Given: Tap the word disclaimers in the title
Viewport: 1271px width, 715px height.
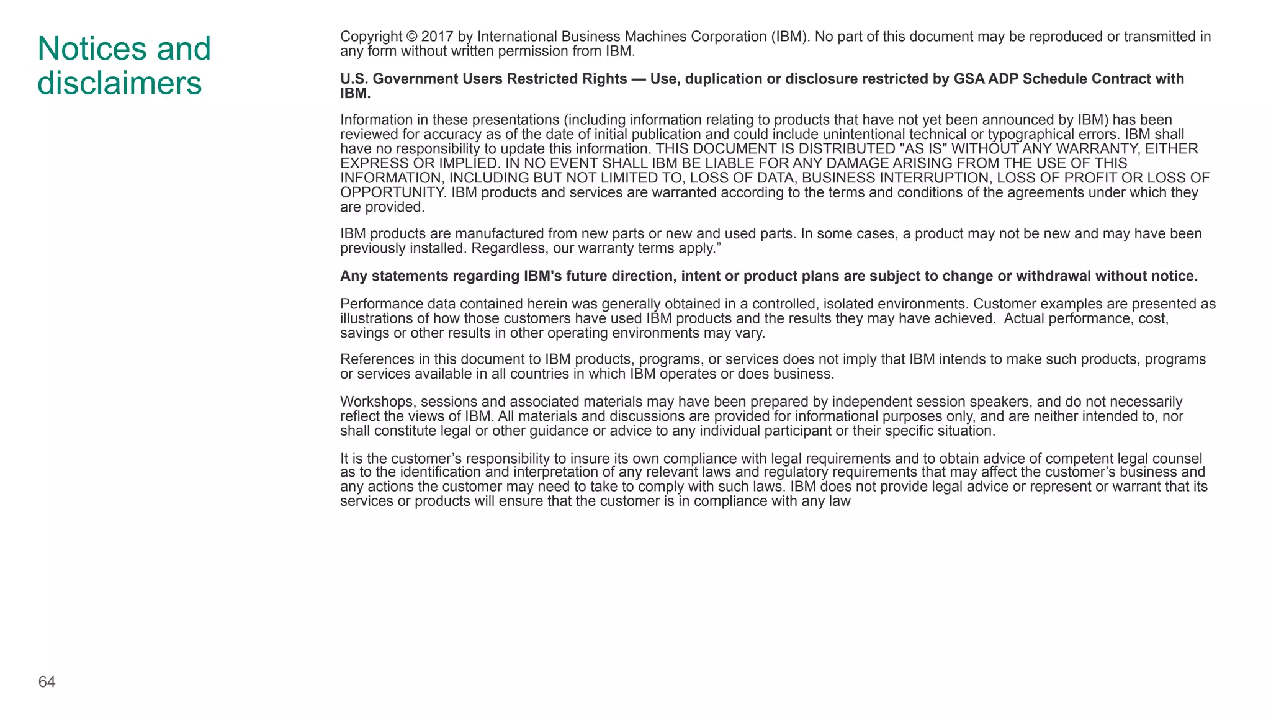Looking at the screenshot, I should [x=119, y=83].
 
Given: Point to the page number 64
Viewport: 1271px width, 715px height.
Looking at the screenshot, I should [x=47, y=682].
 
